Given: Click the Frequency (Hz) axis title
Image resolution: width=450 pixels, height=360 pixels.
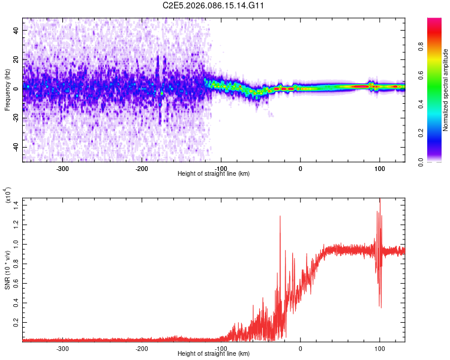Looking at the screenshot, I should tap(7, 89).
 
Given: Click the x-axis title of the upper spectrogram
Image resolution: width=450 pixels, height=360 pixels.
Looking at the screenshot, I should tap(214, 174).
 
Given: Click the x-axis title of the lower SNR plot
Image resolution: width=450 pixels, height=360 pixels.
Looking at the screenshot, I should tap(214, 354).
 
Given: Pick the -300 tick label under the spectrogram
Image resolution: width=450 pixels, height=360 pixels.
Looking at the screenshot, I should tap(63, 169).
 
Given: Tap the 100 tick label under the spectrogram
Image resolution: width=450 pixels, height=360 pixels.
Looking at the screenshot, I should tap(379, 169).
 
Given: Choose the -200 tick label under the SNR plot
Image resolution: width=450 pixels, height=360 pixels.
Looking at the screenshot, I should tap(142, 348).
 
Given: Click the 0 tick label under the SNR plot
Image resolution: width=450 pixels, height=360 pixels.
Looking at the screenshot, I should tap(301, 348).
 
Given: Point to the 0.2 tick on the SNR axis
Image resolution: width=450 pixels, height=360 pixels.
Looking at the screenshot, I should tap(17, 322).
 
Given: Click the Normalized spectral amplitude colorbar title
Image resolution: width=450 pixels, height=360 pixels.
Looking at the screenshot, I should tap(446, 90).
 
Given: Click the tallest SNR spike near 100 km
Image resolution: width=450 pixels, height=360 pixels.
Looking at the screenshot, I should tap(379, 201).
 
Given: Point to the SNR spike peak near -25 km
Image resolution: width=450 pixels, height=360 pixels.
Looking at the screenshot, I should tap(280, 216).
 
